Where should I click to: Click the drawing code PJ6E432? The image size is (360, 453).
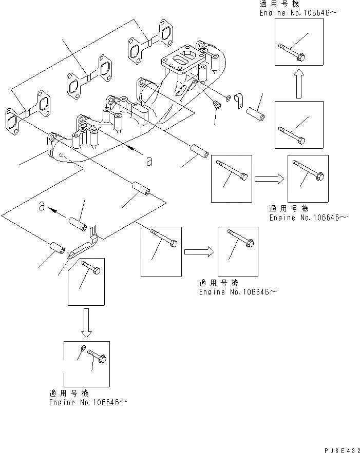342,450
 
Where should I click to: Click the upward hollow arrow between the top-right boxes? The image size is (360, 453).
299,84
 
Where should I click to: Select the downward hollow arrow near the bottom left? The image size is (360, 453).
86,323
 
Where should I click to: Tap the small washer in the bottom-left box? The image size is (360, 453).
83,348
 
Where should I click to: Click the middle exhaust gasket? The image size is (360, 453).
89,77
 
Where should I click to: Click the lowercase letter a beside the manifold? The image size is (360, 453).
149,161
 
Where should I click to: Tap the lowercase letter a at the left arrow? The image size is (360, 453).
42,206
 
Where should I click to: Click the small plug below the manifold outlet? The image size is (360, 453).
216,104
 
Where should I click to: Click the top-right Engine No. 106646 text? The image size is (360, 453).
298,13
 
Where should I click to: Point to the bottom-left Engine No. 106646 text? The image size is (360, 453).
88,402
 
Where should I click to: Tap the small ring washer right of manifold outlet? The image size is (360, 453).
228,98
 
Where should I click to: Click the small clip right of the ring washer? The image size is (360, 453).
239,101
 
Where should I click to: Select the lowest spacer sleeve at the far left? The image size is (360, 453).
58,248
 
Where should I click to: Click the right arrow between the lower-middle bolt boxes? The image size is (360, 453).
199,251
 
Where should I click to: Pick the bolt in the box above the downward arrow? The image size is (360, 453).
91,267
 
